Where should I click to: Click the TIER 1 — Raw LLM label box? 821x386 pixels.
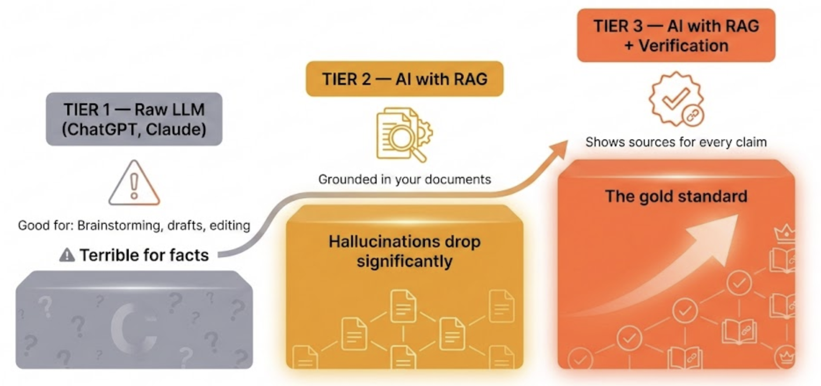(134, 119)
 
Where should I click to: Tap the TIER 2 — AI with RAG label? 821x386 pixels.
(404, 79)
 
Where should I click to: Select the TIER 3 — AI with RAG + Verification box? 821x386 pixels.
(676, 36)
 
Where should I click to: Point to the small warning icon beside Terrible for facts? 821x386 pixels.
(67, 255)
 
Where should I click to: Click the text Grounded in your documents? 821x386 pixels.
(404, 179)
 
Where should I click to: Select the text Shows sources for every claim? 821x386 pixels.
(676, 142)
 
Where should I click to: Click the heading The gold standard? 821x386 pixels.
(676, 196)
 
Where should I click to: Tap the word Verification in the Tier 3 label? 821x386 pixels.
(683, 46)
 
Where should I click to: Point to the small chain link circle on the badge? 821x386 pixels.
(693, 116)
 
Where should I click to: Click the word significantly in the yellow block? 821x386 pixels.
(404, 261)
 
